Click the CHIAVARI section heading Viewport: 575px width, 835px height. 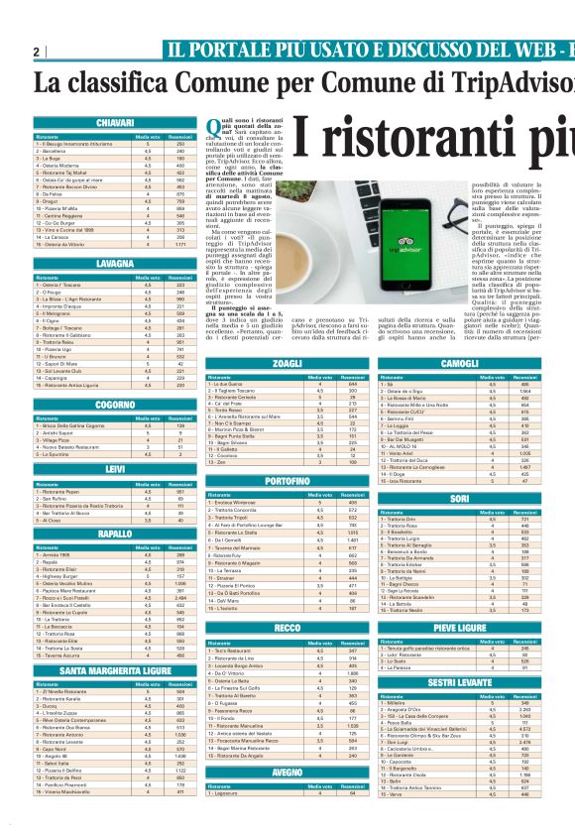(x=116, y=122)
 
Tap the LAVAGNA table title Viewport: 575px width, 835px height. (x=116, y=265)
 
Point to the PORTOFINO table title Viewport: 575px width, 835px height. (x=287, y=453)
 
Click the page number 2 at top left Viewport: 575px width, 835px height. (x=36, y=52)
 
